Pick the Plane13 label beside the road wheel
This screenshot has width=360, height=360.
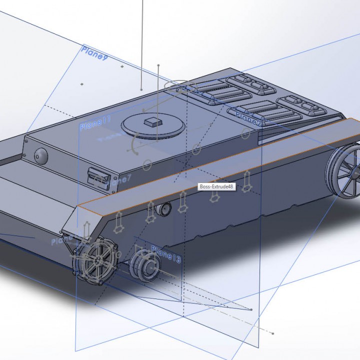pos(165,253)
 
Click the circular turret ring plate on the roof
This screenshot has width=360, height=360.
pos(152,126)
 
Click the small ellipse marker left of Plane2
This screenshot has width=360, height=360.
pos(245,133)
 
